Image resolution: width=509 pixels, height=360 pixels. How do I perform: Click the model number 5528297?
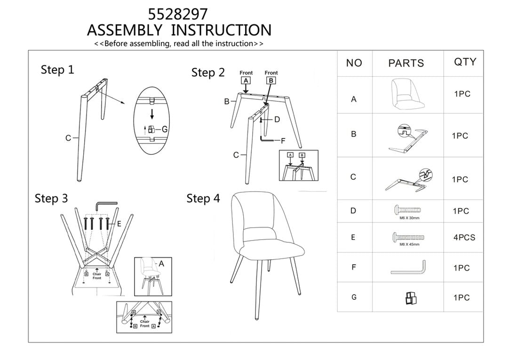pos(177,13)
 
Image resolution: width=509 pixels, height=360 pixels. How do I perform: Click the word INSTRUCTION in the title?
pos(221,30)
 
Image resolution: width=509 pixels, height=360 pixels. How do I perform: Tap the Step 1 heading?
pos(57,70)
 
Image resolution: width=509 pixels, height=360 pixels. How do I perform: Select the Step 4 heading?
pos(203,198)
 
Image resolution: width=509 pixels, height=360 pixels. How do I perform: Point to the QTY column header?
pos(465,62)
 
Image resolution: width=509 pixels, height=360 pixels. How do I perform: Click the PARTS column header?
pos(406,63)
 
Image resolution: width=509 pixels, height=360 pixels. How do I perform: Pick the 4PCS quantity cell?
pos(464,237)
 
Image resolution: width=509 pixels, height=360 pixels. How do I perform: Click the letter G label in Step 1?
pos(165,129)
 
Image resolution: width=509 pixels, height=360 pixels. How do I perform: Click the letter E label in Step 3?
pos(119,224)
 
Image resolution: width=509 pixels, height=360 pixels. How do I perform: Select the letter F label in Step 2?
pos(283,140)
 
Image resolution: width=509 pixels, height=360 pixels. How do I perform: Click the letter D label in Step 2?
pos(277,120)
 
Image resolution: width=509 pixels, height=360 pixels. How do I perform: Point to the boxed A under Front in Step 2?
pos(246,80)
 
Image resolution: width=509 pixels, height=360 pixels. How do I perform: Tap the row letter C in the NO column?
pos(353,177)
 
